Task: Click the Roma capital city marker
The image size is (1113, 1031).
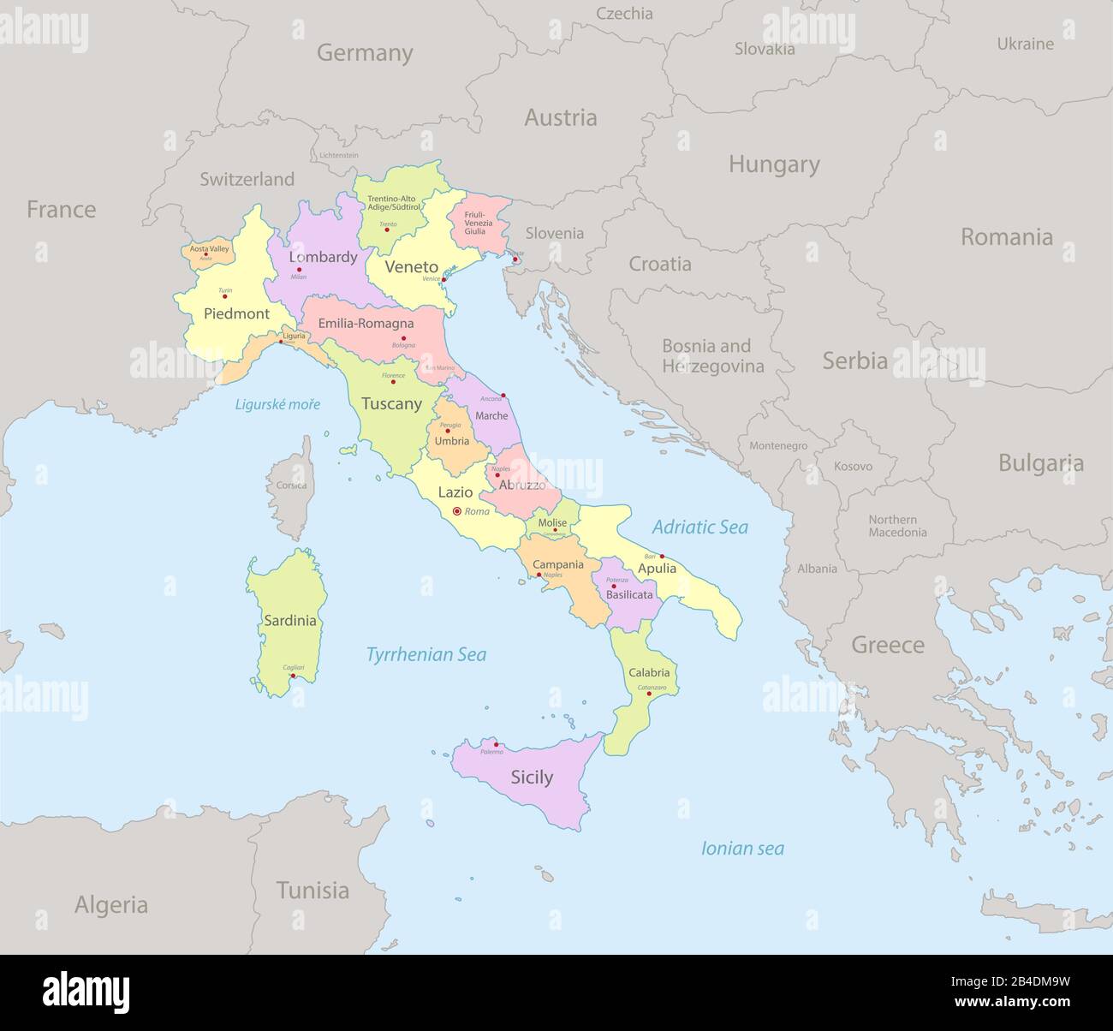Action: [456, 511]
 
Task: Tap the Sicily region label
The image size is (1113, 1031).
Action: [532, 778]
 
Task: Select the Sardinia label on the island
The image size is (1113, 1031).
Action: [290, 621]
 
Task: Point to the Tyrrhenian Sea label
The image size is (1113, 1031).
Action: [426, 655]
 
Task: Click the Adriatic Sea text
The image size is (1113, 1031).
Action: [699, 527]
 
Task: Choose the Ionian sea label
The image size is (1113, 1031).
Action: [742, 849]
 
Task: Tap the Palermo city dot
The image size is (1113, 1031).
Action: [496, 744]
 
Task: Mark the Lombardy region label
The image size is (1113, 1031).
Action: [323, 257]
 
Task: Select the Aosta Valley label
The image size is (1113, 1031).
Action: [209, 248]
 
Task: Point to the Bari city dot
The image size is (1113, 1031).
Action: [662, 556]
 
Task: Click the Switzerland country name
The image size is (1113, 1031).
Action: [247, 180]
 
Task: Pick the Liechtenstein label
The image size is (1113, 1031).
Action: [338, 156]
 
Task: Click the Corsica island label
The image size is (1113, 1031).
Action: [291, 486]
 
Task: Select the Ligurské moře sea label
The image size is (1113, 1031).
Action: [278, 404]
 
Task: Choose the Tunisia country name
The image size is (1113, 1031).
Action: [312, 891]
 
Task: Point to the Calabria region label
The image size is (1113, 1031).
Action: [649, 673]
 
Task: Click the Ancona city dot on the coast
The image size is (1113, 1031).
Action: [503, 395]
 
